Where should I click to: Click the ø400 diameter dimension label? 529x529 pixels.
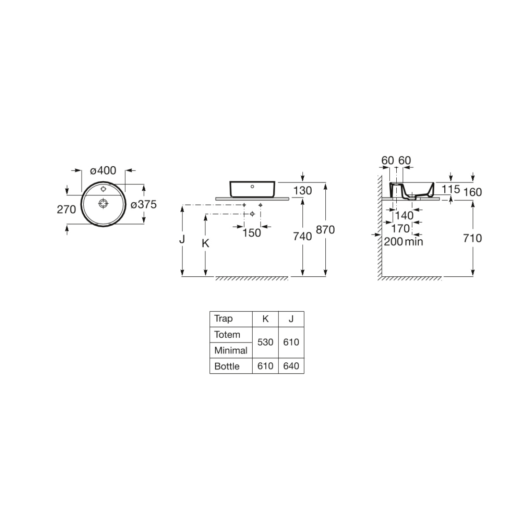coord(103,171)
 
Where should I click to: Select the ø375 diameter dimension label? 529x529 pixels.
coord(144,205)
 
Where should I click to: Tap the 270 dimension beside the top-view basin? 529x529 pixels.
coord(66,210)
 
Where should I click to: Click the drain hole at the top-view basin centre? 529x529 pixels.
coord(103,203)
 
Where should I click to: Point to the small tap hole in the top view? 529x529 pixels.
coord(103,189)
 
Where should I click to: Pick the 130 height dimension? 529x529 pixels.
coord(302,190)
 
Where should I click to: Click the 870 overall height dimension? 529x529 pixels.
coord(325,230)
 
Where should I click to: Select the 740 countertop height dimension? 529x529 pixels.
coord(302,236)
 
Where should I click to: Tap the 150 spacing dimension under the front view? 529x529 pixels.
coord(251,233)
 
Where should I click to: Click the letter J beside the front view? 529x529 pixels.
coord(182,239)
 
